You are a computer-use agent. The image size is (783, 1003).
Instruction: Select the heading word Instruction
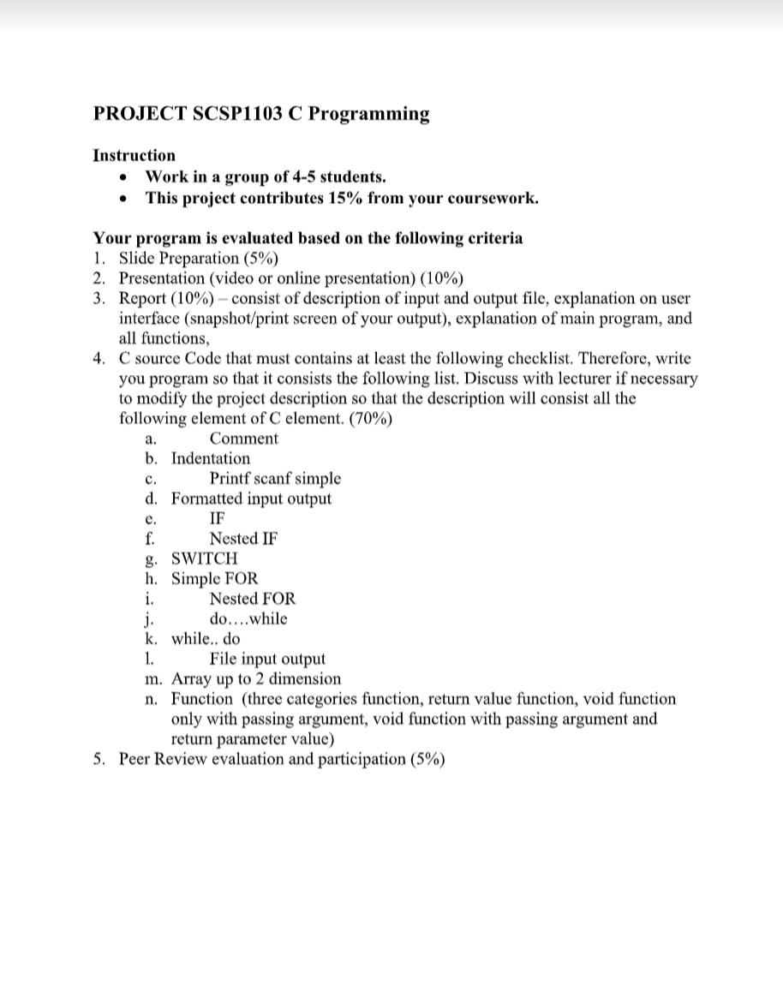[134, 155]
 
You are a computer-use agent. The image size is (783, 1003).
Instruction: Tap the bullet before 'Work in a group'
[126, 177]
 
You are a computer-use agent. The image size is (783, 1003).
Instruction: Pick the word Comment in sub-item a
[243, 439]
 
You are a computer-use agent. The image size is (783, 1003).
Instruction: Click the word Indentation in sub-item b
[211, 458]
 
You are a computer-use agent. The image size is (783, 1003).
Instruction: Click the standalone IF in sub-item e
[218, 518]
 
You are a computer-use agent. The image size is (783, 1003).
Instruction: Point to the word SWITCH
[205, 558]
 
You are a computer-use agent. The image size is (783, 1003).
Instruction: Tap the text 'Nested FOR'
[252, 599]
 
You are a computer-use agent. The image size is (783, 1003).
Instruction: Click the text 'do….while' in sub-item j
[248, 618]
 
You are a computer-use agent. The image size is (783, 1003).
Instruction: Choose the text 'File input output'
[267, 659]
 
